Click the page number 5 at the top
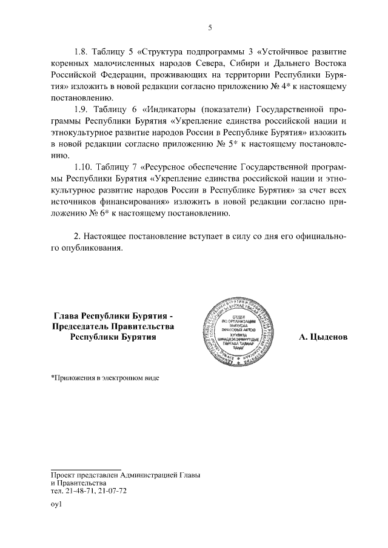(x=210, y=27)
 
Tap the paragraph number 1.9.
(x=82, y=110)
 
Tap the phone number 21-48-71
(x=82, y=492)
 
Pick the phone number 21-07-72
(x=112, y=492)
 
